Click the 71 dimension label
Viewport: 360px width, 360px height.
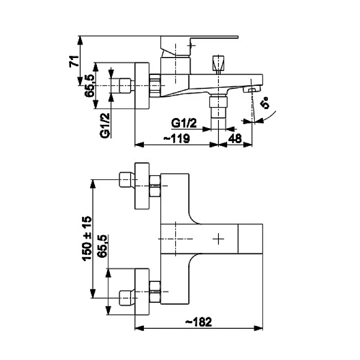click(73, 61)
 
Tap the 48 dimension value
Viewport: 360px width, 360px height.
click(235, 138)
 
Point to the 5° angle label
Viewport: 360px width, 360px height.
click(265, 103)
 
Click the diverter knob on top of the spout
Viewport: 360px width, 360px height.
click(218, 62)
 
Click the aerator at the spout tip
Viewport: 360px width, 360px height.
click(251, 90)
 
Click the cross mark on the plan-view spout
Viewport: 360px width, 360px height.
click(219, 238)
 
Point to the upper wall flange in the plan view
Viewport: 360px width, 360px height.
click(143, 185)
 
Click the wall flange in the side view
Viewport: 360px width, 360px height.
click(143, 86)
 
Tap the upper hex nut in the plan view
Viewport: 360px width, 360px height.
click(155, 186)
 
